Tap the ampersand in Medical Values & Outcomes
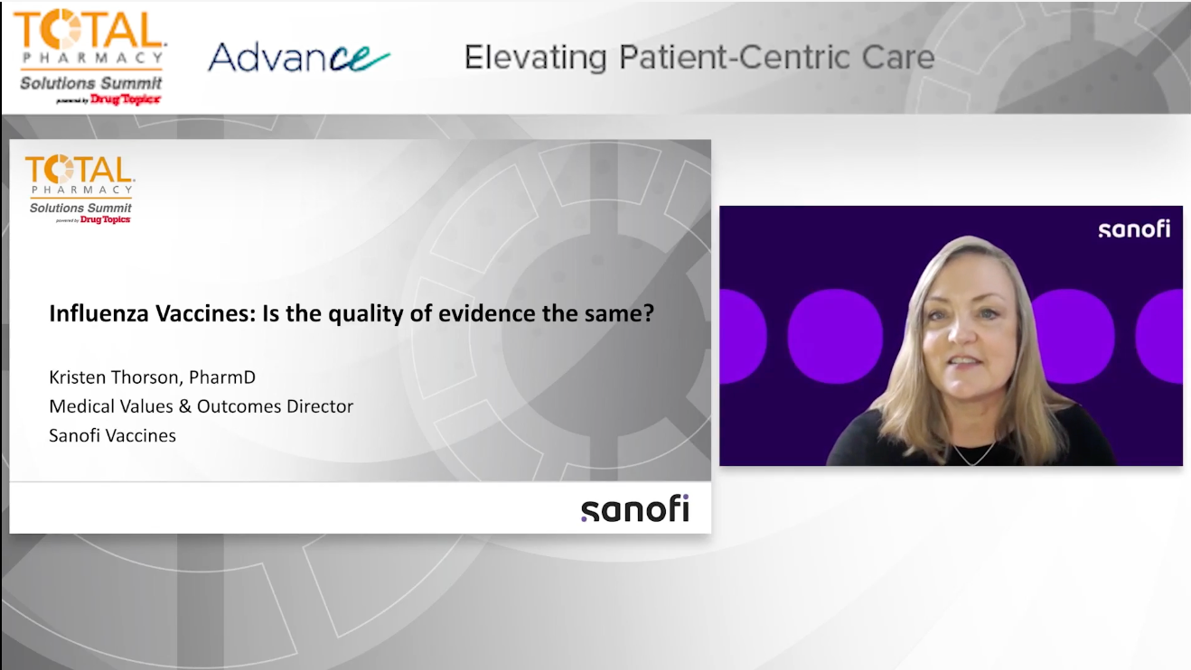[x=184, y=406]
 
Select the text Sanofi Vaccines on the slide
[x=112, y=435]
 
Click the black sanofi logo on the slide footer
[x=634, y=508]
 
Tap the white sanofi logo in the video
[x=1134, y=228]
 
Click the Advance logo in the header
[x=298, y=58]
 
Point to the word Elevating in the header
[x=535, y=58]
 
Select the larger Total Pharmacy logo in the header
[x=89, y=54]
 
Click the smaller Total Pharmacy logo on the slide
[x=80, y=188]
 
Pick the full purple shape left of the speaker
[x=834, y=336]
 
